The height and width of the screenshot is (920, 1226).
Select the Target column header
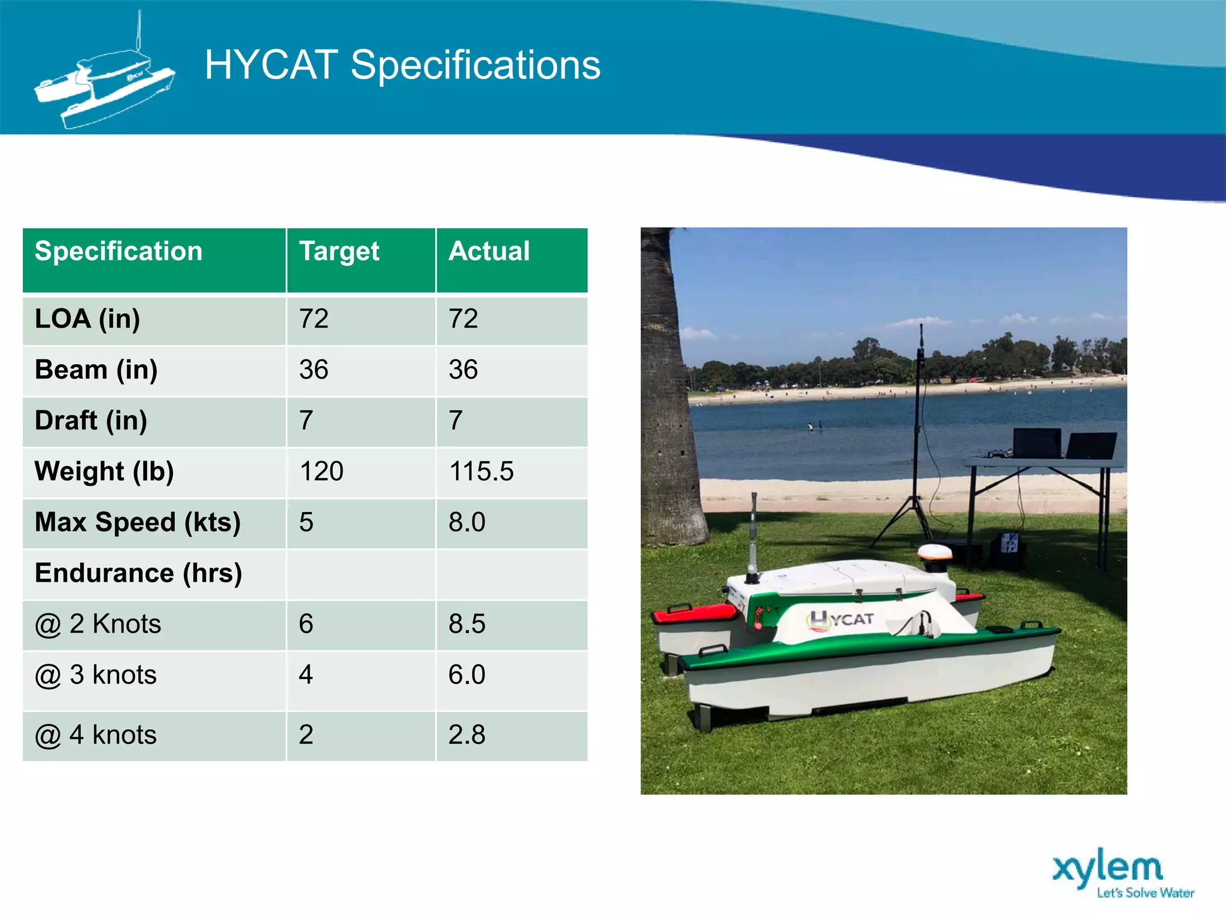coord(339,252)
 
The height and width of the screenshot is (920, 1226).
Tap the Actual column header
coord(489,252)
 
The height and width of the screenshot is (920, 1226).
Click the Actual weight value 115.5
coord(481,471)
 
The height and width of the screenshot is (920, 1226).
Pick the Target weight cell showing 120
coord(321,471)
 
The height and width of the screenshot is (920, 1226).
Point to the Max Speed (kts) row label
coord(138,522)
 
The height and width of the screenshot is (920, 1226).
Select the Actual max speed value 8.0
coord(467,522)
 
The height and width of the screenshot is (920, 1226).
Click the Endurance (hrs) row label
coord(138,573)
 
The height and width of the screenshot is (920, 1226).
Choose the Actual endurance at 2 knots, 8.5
coord(467,624)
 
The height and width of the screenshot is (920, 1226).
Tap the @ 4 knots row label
coord(96,735)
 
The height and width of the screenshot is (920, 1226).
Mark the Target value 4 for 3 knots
coord(306,675)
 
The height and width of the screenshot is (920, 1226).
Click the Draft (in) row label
coord(91,420)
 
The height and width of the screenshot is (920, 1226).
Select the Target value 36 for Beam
coord(314,370)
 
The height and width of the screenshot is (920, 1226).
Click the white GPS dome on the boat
coord(934,551)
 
